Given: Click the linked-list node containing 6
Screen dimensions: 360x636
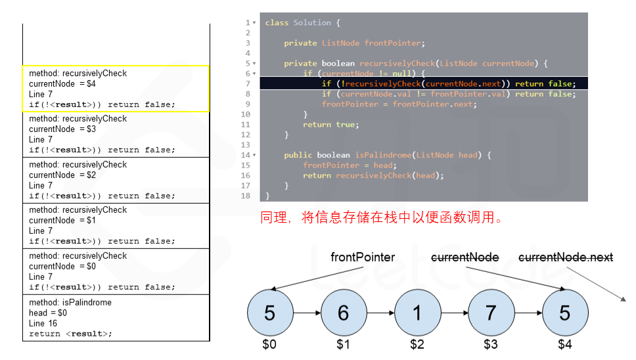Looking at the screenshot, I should pos(343,313).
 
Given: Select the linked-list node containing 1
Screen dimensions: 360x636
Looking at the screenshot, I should pos(417,313).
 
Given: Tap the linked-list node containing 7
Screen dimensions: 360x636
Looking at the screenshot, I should pos(491,313).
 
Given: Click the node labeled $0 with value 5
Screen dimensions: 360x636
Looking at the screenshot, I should pos(269,313).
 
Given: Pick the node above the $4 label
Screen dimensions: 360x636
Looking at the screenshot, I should pos(564,313).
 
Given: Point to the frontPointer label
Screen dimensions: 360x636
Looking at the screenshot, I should pos(363,258).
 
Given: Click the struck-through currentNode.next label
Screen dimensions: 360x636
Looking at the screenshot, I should pos(566,258).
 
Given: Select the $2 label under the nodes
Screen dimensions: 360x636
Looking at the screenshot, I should pos(417,344).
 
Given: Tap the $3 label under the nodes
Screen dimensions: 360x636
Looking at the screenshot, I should pos(491,344).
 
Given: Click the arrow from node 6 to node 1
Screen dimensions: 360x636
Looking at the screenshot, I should pos(380,313).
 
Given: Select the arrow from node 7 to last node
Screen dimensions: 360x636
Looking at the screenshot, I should pos(528,313).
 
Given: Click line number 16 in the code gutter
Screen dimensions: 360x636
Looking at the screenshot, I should pos(246,175).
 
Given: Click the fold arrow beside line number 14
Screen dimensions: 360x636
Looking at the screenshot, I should pos(254,156).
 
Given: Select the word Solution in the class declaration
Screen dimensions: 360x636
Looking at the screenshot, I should pos(313,23).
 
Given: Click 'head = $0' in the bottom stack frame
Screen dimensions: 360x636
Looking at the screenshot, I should pos(48,313).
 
